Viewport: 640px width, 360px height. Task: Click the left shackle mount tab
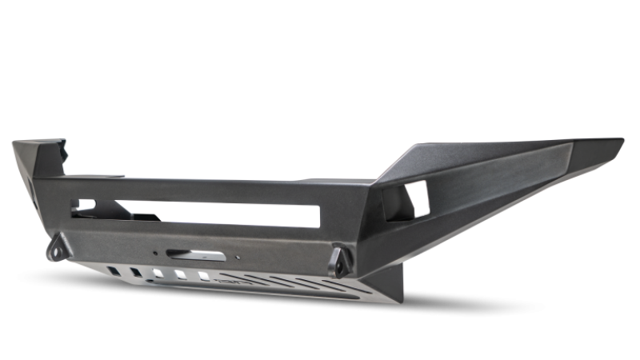57,248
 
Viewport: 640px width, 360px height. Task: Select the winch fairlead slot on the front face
185,258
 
